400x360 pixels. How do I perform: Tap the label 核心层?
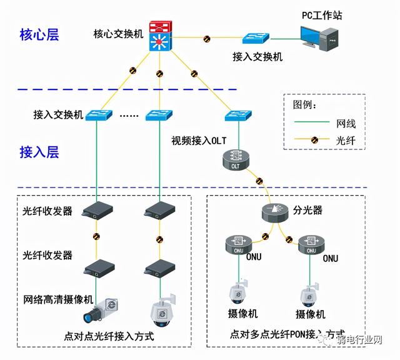point(39,35)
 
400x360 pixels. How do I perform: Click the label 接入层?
point(39,152)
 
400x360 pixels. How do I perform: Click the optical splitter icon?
point(276,211)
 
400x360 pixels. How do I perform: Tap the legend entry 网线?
point(346,124)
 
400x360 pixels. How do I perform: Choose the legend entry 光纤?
point(346,142)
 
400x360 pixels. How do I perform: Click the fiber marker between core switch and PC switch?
point(207,39)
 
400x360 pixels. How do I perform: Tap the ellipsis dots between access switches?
point(128,116)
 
